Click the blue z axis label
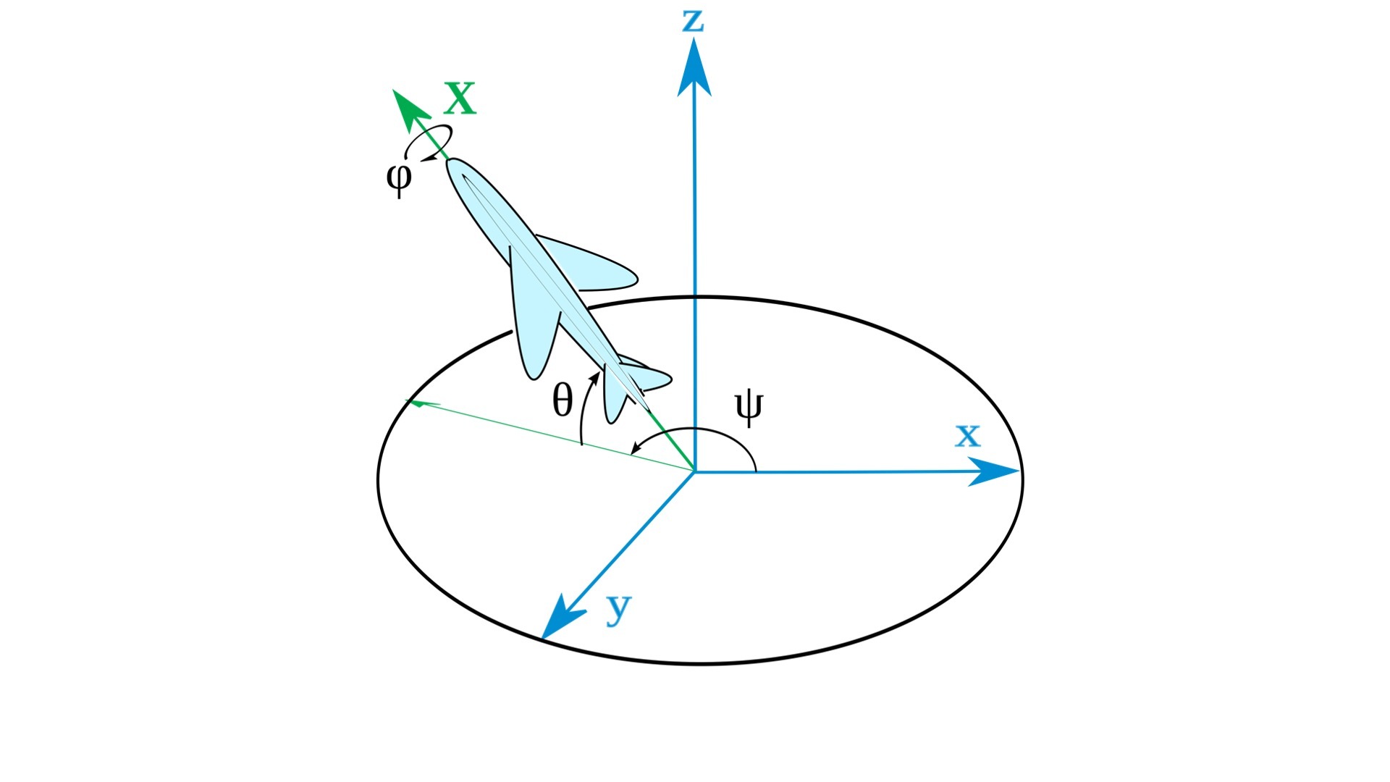(694, 21)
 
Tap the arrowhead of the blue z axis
(694, 67)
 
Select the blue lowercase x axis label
(967, 436)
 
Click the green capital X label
(460, 98)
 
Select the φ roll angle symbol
(399, 178)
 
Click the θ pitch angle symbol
(563, 400)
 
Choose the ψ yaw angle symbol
(749, 408)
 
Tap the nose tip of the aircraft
(450, 161)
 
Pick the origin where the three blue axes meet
(694, 472)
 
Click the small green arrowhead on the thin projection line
(414, 402)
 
